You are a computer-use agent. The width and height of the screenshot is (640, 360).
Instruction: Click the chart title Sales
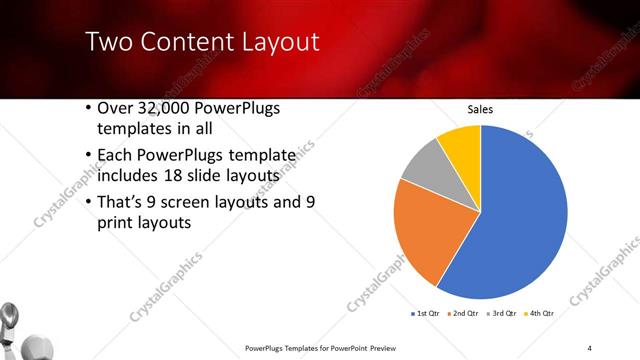[x=481, y=110]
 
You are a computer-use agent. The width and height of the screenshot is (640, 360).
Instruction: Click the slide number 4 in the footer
[x=590, y=347]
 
